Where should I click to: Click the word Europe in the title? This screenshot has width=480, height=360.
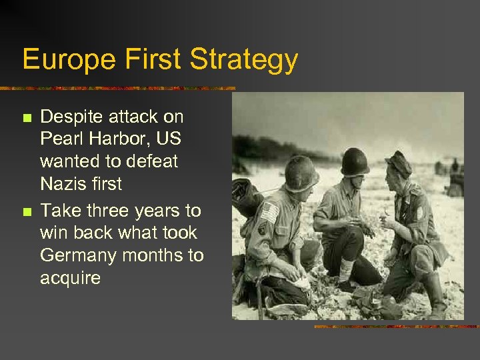tap(67, 60)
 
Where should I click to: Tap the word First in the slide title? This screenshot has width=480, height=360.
tap(151, 60)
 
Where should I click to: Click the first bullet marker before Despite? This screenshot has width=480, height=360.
tap(27, 119)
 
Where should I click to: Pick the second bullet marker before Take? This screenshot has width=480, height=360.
tap(27, 212)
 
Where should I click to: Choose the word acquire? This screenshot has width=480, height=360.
tap(70, 279)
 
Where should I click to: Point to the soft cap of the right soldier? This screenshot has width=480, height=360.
tap(399, 162)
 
